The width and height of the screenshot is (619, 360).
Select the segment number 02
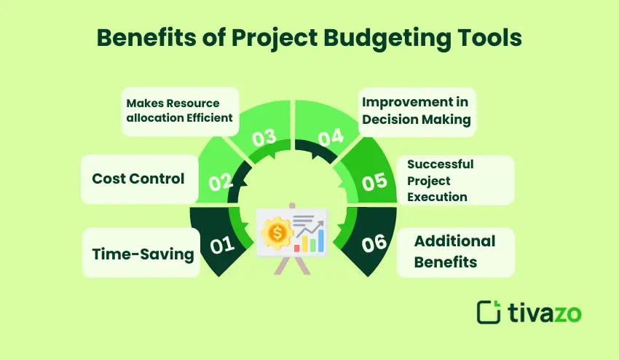tap(221, 182)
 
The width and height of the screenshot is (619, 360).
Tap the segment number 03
tap(264, 138)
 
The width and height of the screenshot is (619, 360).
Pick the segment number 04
tap(330, 137)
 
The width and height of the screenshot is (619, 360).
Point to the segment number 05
tap(374, 181)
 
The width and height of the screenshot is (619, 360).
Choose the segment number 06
tap(373, 244)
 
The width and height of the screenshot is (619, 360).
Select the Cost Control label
tap(138, 179)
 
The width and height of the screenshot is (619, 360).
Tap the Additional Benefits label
tap(454, 251)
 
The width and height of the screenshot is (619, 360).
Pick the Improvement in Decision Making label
tap(415, 111)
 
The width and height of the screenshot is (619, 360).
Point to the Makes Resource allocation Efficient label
tap(180, 111)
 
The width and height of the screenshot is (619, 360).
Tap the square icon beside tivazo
tap(489, 311)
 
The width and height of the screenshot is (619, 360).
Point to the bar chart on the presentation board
tap(309, 243)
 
